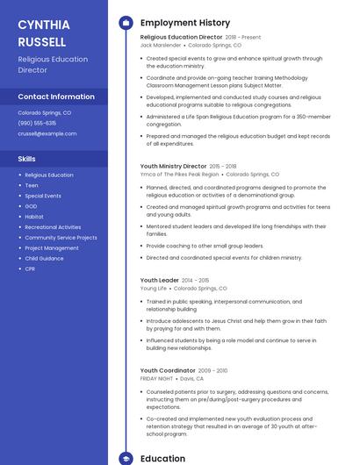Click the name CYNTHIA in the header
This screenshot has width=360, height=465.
pyautogui.click(x=44, y=25)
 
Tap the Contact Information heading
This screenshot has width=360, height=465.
pyautogui.click(x=56, y=97)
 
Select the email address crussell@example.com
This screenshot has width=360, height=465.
pyautogui.click(x=47, y=133)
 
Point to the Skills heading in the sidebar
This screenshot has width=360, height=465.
pyautogui.click(x=26, y=159)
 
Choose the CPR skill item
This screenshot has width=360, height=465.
pyautogui.click(x=30, y=268)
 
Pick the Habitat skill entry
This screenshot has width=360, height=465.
pyautogui.click(x=34, y=217)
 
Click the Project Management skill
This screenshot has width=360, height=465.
pyautogui.click(x=52, y=247)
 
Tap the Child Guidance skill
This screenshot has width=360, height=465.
pyautogui.click(x=44, y=258)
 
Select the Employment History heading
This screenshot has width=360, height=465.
pyautogui.click(x=180, y=22)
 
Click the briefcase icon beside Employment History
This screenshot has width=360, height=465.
pyautogui.click(x=125, y=22)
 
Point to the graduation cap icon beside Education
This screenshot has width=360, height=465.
pyautogui.click(x=125, y=458)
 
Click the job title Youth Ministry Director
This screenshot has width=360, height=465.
pyautogui.click(x=173, y=166)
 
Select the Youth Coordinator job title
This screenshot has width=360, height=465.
pyautogui.click(x=167, y=370)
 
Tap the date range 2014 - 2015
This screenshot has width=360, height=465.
pyautogui.click(x=196, y=281)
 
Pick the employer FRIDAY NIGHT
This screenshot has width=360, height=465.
pyautogui.click(x=157, y=379)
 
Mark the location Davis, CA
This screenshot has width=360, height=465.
pyautogui.click(x=192, y=379)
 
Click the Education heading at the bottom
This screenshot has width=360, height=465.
pyautogui.click(x=162, y=458)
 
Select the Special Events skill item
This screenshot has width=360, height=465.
pyautogui.click(x=43, y=196)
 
